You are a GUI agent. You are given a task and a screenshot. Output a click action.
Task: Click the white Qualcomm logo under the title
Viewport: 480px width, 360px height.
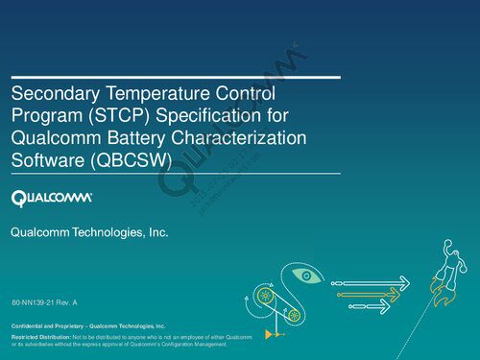point(51,199)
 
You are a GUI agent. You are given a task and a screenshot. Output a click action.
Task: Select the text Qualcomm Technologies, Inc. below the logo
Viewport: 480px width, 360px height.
point(88,233)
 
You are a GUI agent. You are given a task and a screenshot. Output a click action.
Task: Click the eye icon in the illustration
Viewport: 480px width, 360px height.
point(305,276)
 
